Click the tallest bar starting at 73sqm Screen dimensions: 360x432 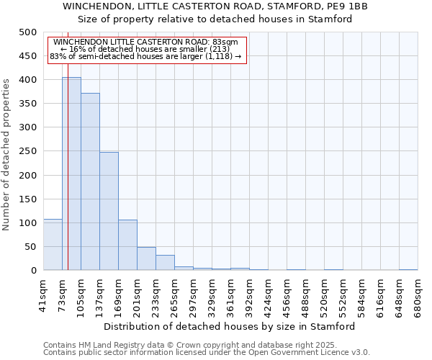[x=71, y=174]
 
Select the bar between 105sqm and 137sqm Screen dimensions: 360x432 [x=90, y=181]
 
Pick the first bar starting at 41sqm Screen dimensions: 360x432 [x=53, y=245]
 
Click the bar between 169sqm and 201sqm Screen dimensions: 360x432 [x=127, y=245]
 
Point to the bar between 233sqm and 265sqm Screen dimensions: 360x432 [x=165, y=263]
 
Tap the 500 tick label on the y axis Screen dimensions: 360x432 [x=28, y=32]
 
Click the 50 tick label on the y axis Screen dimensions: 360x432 [x=31, y=247]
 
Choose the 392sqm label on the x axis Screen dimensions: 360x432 [x=249, y=294]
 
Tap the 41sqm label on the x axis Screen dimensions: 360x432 [x=43, y=294]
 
